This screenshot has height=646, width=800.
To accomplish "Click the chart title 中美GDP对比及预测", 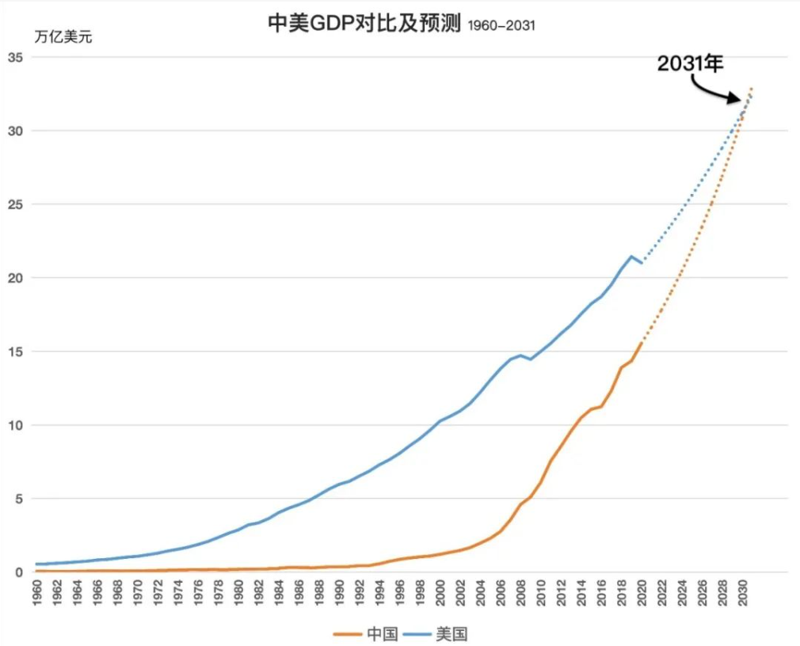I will pyautogui.click(x=365, y=24).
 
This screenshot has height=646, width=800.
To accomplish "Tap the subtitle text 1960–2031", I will pyautogui.click(x=501, y=26).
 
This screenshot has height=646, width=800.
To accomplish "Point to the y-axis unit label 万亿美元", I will pyautogui.click(x=63, y=36).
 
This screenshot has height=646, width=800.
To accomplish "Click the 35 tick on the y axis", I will pyautogui.click(x=15, y=57).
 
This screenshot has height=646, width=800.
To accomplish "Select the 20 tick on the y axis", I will pyautogui.click(x=15, y=278).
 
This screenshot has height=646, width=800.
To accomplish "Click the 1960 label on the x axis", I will pyautogui.click(x=37, y=592).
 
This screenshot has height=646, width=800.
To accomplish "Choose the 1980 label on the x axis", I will pyautogui.click(x=238, y=592).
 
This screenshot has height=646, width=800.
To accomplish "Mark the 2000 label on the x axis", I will pyautogui.click(x=440, y=592).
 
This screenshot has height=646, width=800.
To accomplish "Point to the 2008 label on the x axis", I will pyautogui.click(x=521, y=592).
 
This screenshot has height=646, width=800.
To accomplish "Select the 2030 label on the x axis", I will pyautogui.click(x=743, y=592).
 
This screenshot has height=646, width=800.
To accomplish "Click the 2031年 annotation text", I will pyautogui.click(x=691, y=64).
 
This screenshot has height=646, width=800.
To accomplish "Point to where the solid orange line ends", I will pyautogui.click(x=642, y=343).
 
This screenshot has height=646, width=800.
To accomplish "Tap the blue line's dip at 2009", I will pyautogui.click(x=531, y=359).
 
